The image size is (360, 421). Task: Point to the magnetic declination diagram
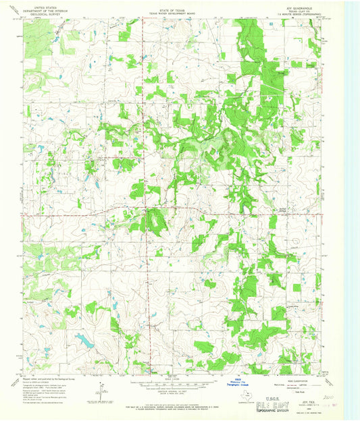[101, 390]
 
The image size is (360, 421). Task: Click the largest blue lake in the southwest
[85, 341]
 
